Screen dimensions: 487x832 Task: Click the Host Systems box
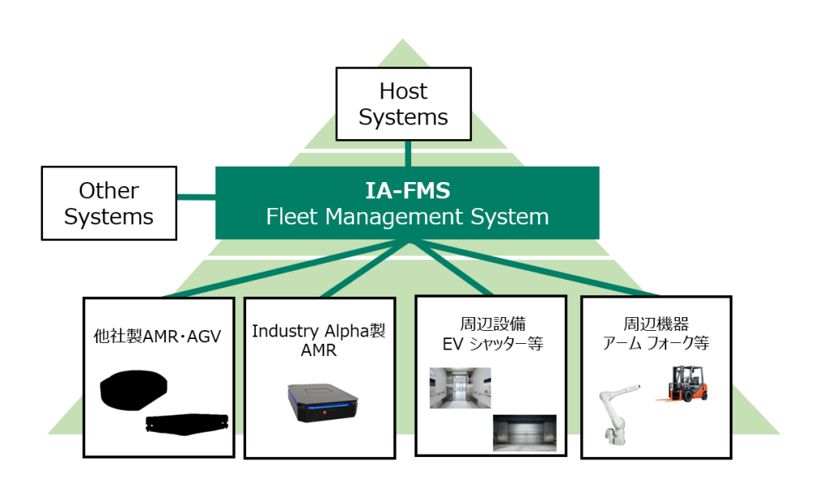click(403, 104)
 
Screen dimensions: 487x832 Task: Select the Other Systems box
click(109, 203)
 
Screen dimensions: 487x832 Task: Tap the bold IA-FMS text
click(406, 191)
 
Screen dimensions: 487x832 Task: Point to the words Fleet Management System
click(407, 217)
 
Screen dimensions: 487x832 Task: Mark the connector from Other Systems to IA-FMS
click(196, 196)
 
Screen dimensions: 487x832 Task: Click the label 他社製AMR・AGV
click(158, 337)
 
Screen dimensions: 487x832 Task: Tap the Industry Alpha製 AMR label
click(318, 340)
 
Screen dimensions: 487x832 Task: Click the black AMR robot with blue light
click(323, 403)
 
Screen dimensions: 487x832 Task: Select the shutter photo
click(524, 433)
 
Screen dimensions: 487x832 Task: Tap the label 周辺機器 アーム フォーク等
click(656, 334)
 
